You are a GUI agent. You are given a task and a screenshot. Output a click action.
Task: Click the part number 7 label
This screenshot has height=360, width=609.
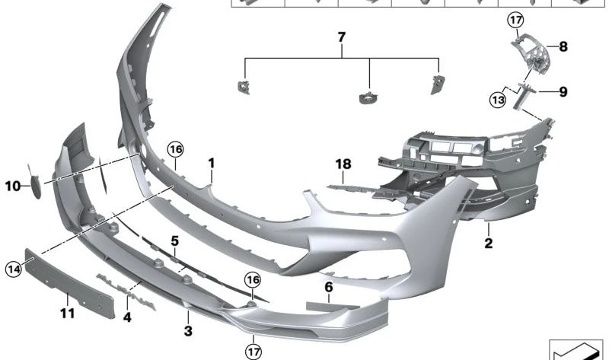click(341, 37)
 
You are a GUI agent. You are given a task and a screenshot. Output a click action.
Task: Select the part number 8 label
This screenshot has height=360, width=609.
click(563, 46)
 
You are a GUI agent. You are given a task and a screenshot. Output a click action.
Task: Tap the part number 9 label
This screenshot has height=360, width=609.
click(563, 92)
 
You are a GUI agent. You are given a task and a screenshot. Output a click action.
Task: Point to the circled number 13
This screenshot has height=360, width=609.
click(498, 100)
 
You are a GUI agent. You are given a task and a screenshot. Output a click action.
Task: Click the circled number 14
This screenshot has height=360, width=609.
click(14, 269)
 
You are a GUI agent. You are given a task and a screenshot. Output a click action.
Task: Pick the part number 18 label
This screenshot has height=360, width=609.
click(343, 164)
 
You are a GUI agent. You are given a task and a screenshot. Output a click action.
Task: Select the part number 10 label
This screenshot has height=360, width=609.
click(12, 186)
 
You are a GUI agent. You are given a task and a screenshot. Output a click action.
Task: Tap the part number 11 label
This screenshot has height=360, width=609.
click(67, 313)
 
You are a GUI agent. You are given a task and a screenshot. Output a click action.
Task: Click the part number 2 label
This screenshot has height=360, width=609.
click(489, 243)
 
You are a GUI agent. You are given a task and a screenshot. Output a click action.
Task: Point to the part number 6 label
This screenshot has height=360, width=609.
click(329, 288)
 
